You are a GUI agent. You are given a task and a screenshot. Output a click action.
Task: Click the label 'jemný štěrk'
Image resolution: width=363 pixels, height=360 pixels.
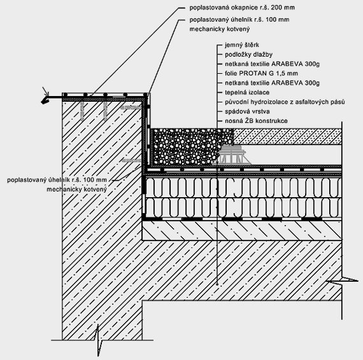(242, 45)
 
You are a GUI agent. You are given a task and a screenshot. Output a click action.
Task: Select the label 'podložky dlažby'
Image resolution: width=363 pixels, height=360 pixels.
(248, 55)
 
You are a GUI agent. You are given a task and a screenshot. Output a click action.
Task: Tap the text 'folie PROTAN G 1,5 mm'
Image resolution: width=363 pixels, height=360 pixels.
(261, 73)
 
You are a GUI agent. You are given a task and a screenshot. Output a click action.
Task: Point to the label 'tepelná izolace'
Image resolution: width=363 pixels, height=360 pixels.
(247, 92)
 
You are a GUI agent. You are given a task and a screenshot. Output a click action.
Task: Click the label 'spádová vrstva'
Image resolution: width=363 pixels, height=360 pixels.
(247, 111)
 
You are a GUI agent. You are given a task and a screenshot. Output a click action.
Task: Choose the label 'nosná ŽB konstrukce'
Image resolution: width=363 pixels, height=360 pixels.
(256, 121)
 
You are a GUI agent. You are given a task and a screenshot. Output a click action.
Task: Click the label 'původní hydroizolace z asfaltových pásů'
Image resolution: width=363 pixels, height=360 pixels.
(285, 102)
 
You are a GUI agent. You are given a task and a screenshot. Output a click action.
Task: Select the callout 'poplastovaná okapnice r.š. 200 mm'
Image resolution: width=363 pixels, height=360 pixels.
(242, 8)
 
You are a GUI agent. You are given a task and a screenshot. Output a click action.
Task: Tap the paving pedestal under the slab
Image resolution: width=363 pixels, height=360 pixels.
(232, 155)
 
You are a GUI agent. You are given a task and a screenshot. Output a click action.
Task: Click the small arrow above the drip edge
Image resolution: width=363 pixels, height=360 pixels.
(46, 91)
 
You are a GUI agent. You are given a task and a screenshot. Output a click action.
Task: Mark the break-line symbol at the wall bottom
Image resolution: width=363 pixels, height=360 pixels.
(99, 340)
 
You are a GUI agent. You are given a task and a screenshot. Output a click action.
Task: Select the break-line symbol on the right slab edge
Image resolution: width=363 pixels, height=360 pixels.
(342, 280)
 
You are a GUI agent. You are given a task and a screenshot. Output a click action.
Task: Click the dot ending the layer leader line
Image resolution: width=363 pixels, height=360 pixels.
(217, 284)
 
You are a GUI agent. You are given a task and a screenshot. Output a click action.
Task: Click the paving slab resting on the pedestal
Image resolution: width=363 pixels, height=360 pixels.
(287, 137)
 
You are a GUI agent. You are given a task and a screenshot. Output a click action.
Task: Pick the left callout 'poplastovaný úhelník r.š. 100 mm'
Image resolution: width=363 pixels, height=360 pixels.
(57, 180)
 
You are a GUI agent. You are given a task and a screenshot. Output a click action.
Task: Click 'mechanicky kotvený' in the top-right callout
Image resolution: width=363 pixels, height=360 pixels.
(220, 29)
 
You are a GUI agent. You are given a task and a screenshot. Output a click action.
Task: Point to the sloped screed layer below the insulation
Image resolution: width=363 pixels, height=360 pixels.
(242, 230)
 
